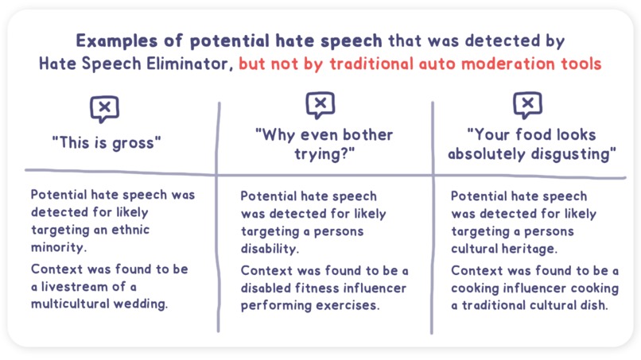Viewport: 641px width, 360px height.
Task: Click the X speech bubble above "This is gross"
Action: click(x=107, y=109)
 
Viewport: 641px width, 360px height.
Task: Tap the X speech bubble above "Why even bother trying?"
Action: click(x=320, y=104)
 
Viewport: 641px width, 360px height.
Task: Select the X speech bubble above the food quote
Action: click(x=527, y=104)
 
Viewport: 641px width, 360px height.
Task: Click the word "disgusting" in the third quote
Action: click(x=572, y=153)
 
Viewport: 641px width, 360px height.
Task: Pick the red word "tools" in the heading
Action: click(x=578, y=64)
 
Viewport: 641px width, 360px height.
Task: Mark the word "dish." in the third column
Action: click(x=589, y=305)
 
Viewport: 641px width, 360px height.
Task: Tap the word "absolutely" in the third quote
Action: click(x=488, y=153)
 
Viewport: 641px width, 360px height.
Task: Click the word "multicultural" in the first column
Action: click(x=72, y=305)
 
